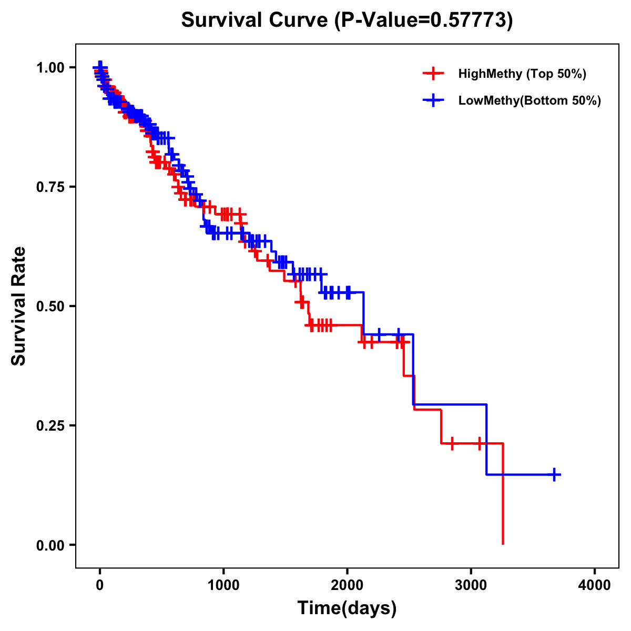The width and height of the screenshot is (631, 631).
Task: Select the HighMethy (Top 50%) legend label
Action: [522, 74]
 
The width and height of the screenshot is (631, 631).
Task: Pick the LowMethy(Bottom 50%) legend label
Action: [529, 101]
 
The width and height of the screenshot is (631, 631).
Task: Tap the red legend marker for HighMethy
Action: [433, 74]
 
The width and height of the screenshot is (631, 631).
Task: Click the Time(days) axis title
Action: [347, 608]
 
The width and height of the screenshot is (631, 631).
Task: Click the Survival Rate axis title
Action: [19, 306]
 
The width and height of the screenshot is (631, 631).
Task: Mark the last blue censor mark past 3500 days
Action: [554, 474]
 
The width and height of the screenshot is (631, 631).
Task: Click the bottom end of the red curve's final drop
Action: [503, 543]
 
